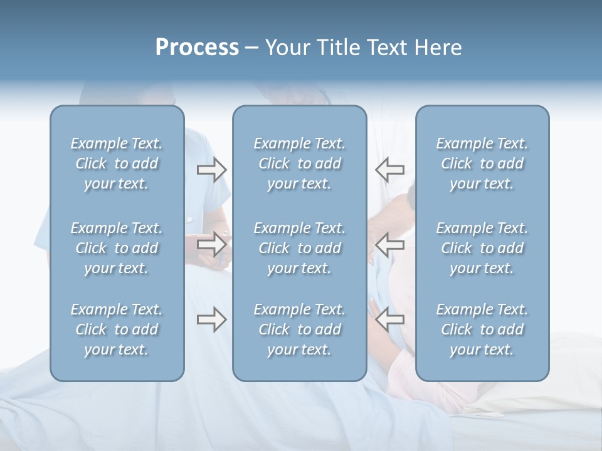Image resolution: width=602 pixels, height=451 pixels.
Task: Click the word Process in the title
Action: [197, 48]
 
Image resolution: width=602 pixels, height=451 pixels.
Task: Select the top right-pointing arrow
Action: [212, 169]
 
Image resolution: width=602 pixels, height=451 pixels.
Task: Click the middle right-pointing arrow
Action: [212, 244]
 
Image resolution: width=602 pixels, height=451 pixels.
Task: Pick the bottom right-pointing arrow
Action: [212, 320]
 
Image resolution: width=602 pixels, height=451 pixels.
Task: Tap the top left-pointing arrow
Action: [390, 169]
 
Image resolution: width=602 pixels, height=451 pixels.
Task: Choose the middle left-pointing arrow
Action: [390, 244]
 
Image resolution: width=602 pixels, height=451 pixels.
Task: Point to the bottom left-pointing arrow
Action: [390, 320]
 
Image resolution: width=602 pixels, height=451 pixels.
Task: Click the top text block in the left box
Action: [117, 163]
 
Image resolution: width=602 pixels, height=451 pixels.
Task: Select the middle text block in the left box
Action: [117, 248]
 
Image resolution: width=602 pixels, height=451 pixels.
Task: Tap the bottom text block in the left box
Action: [117, 329]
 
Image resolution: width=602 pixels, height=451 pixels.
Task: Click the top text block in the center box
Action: [300, 163]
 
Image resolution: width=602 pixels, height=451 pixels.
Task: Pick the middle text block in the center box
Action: [300, 248]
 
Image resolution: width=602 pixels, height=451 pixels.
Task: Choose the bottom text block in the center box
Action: [300, 329]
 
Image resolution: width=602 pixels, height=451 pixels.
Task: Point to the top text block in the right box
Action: [482, 163]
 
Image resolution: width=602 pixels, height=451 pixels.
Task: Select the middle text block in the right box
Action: [482, 248]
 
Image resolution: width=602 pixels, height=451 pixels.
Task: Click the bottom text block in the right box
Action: [482, 329]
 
